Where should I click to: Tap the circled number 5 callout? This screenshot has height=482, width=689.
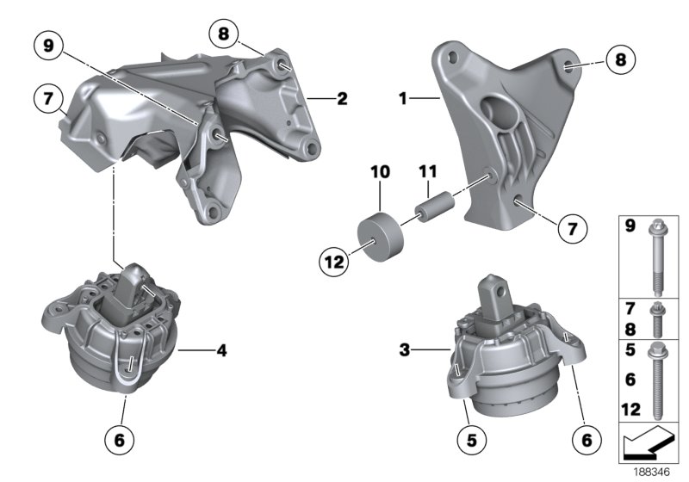pos(470,441)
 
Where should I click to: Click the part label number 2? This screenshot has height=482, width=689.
pos(342,100)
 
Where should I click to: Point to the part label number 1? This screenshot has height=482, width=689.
pos(402,100)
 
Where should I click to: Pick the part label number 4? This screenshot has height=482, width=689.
pos(221,350)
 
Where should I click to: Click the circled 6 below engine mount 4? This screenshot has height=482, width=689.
pos(120,441)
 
